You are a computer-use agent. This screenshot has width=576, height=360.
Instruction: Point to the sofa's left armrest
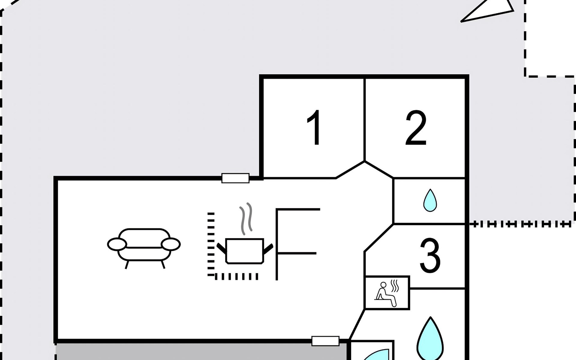[117, 244]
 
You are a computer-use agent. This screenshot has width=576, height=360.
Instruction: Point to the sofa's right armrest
[171, 244]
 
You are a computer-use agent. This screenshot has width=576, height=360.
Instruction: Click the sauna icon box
[387, 293]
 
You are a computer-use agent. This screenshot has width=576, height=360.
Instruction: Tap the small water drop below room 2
[430, 200]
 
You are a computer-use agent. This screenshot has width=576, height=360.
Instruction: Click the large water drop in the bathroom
[430, 339]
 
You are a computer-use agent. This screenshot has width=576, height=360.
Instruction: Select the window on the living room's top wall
[235, 178]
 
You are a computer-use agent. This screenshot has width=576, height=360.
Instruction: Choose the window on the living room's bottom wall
[325, 341]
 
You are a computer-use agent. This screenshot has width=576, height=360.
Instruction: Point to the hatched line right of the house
[520, 224]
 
